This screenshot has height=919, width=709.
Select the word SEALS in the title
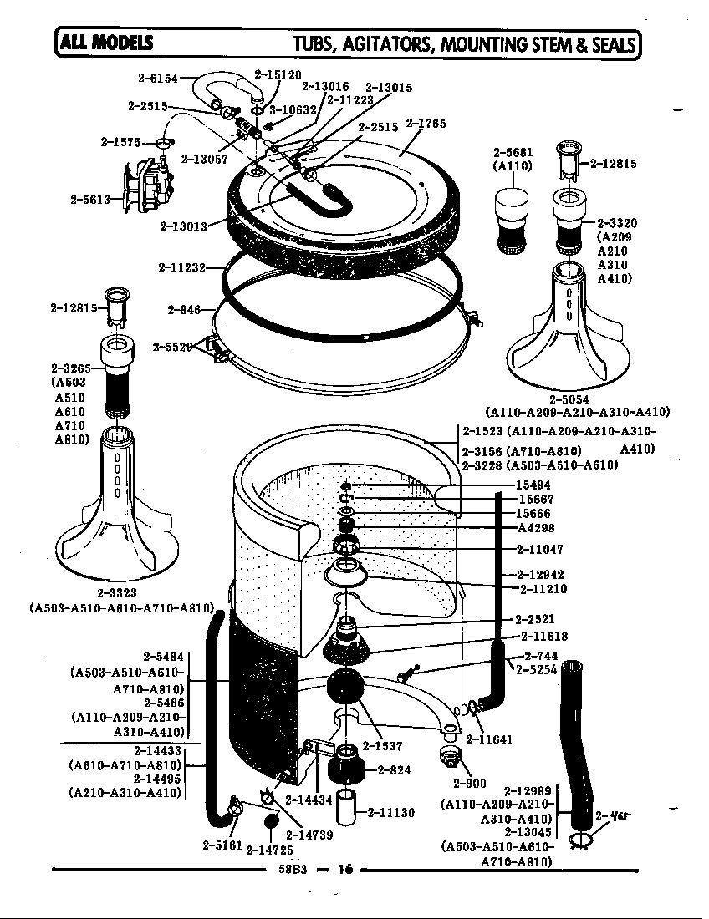tap(607, 45)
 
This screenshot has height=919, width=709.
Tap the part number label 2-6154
tap(158, 79)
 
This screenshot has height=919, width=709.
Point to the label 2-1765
tap(426, 124)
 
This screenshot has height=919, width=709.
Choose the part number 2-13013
tap(181, 226)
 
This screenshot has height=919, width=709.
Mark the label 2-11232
tap(181, 267)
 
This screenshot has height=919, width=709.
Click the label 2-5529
tap(173, 346)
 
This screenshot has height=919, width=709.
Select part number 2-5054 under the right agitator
tap(569, 399)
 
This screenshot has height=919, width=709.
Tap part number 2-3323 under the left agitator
tap(117, 592)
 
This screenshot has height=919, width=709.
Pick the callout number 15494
tap(533, 485)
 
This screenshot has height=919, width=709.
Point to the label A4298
tap(536, 528)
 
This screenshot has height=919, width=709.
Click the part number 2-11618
tap(543, 637)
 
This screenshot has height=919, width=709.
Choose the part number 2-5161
tap(222, 845)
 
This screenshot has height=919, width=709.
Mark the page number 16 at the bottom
tap(345, 869)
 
